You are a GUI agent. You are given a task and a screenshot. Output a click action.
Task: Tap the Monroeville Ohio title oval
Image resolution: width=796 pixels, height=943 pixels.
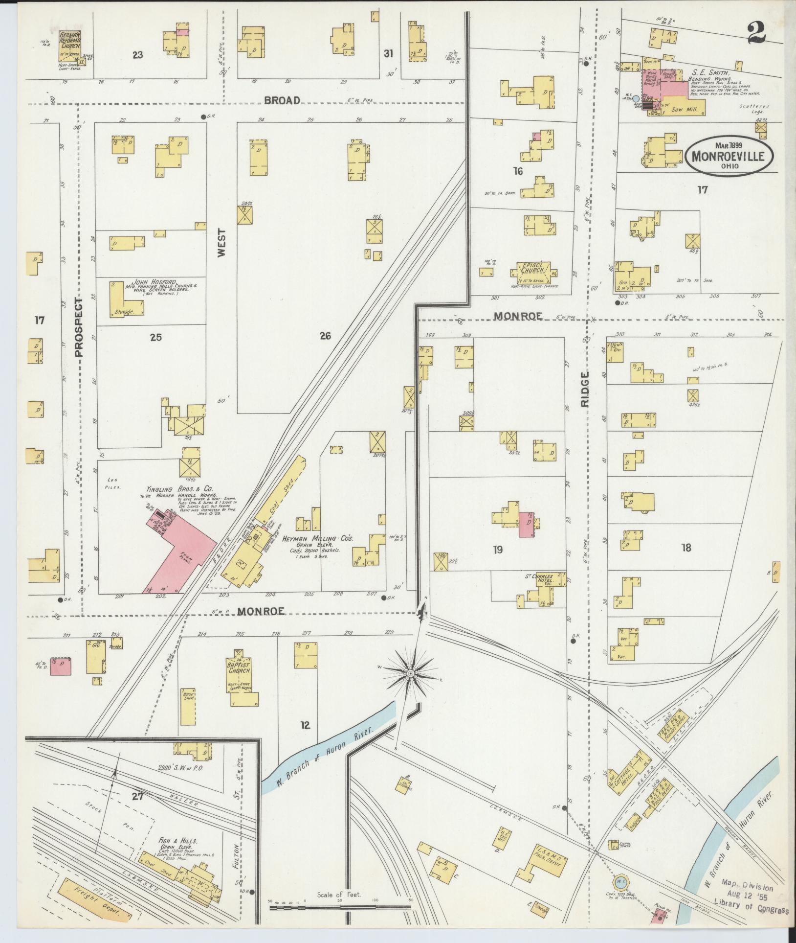tap(732, 157)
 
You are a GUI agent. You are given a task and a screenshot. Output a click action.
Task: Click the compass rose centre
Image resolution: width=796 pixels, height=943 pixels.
tap(411, 674)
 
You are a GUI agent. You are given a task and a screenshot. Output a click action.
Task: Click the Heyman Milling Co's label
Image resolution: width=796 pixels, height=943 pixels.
tap(317, 538)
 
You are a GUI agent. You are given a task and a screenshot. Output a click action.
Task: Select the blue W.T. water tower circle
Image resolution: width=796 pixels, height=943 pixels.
tap(619, 881)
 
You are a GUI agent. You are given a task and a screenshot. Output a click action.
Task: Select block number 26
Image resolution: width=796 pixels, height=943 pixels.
tap(326, 336)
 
